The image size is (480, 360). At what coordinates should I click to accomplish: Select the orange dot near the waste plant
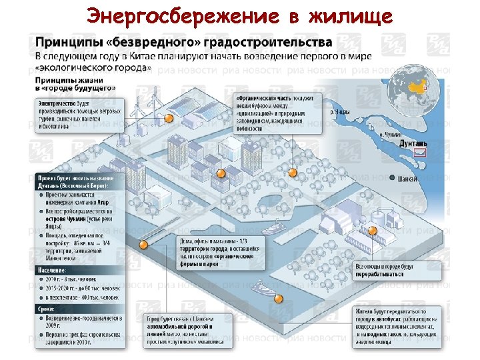pyautogui.click(x=373, y=231)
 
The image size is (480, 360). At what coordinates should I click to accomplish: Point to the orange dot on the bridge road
pyautogui.click(x=142, y=245)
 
